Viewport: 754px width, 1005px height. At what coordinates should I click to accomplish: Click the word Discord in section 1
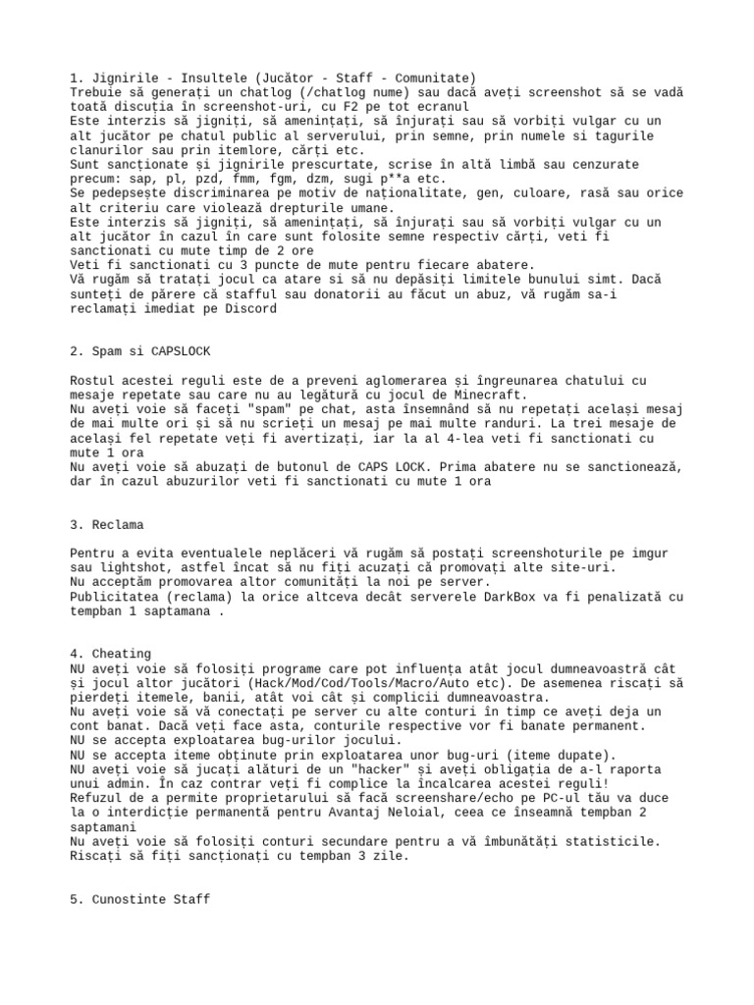[251, 308]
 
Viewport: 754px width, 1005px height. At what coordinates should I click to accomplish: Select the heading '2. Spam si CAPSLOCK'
[140, 350]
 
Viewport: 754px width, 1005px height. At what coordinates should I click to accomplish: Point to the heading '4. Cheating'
[110, 653]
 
